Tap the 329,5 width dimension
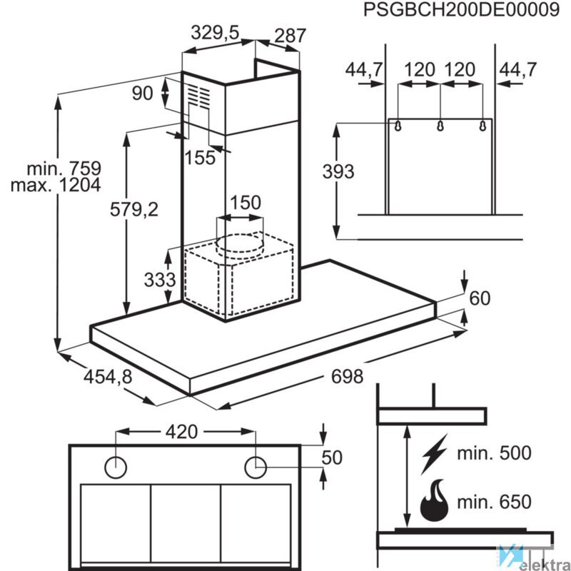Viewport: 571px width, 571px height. click(x=213, y=32)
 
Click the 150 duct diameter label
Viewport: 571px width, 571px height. click(x=245, y=203)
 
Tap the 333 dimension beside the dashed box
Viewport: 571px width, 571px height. click(x=159, y=279)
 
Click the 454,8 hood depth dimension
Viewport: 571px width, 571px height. click(x=107, y=376)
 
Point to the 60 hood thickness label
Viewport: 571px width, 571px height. click(x=480, y=298)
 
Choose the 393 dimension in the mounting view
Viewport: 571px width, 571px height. click(x=338, y=171)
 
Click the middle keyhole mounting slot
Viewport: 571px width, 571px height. click(x=440, y=126)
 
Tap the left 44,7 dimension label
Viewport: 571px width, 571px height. click(x=364, y=70)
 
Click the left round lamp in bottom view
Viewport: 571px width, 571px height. click(x=116, y=467)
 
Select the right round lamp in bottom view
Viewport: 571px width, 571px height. click(x=255, y=467)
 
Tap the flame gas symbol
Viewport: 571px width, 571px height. click(x=435, y=502)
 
